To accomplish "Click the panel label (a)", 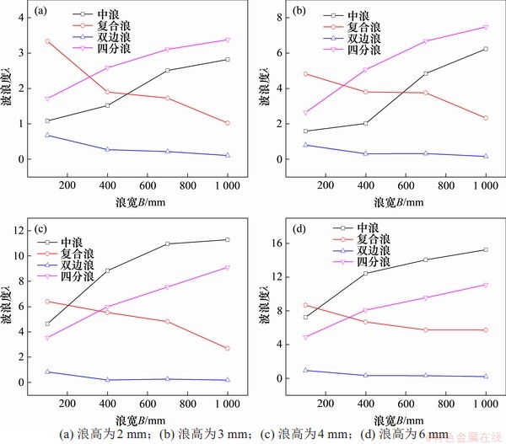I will tap(40, 11).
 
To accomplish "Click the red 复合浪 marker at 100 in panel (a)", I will tap(47, 40).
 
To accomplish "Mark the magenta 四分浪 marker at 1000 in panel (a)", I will tap(227, 40).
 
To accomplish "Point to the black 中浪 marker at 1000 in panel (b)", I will tap(485, 49).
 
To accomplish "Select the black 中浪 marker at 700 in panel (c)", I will tap(168, 243).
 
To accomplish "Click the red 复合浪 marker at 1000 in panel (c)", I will tap(228, 348).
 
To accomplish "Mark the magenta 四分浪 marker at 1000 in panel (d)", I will tap(485, 285).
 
